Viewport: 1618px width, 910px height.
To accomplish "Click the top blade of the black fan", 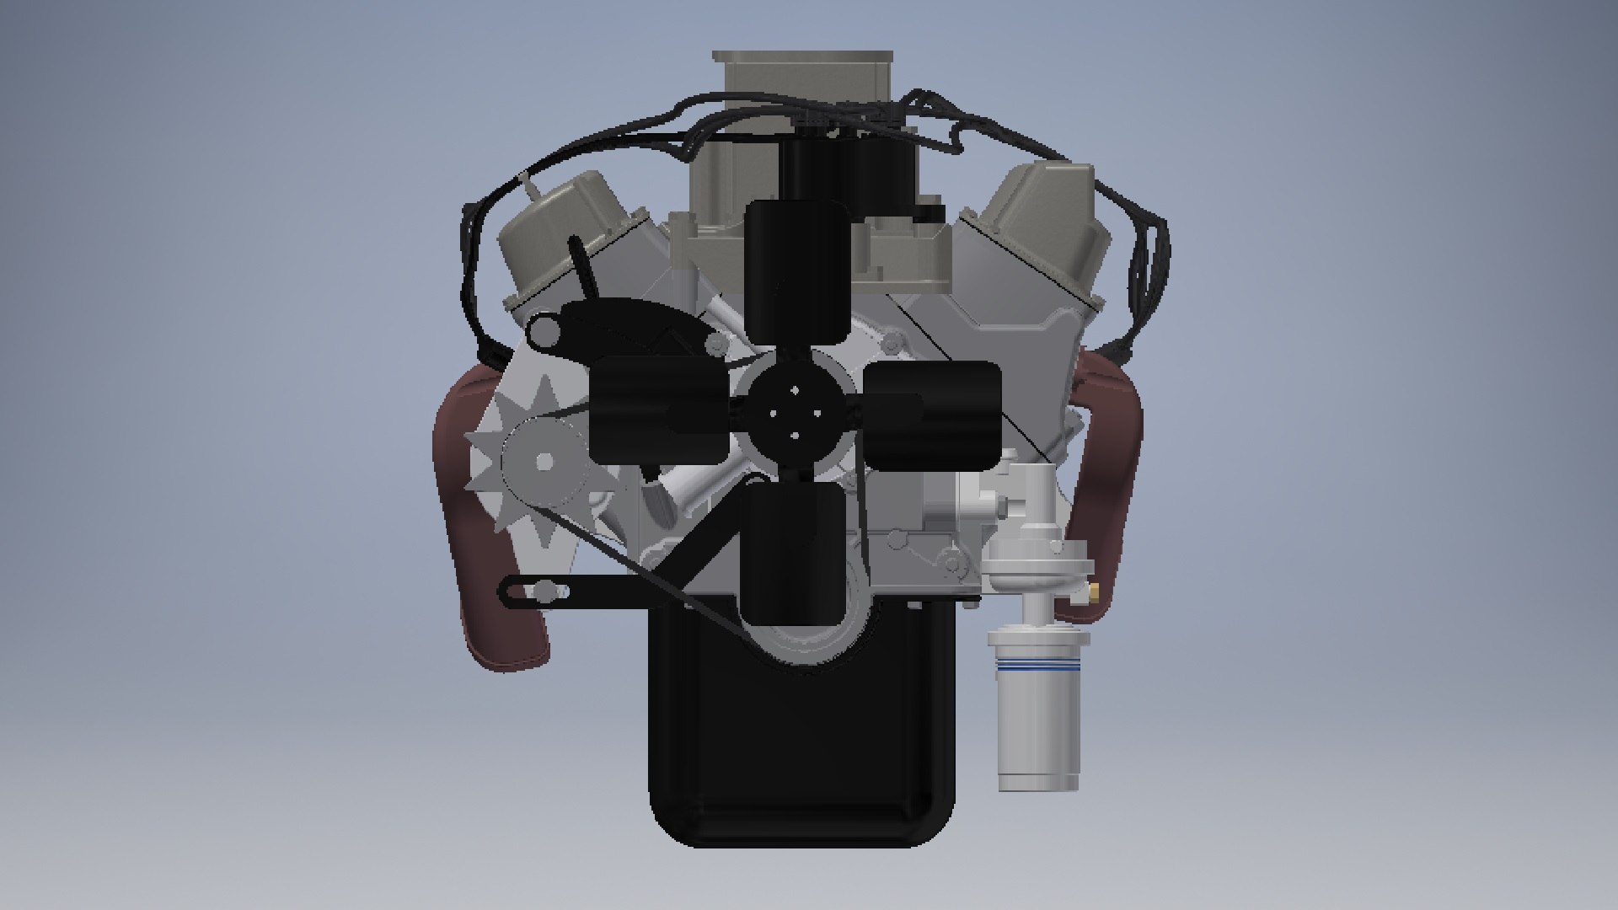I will [797, 270].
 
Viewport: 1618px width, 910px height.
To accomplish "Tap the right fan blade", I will [934, 415].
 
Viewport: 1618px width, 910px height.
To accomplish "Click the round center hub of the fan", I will [794, 413].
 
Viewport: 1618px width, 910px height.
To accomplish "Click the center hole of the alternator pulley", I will [544, 462].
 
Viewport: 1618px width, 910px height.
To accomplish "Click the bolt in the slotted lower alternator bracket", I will [546, 591].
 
